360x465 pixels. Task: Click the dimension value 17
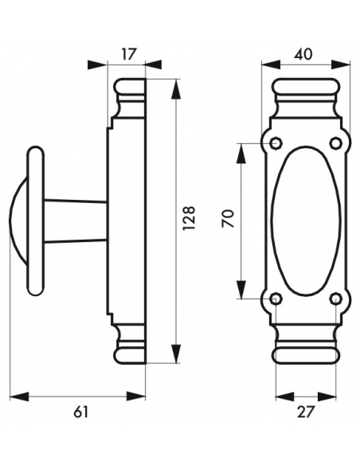tap(127, 54)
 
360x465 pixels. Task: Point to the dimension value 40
tap(303, 54)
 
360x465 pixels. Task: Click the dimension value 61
tap(80, 411)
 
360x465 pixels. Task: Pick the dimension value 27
tap(305, 411)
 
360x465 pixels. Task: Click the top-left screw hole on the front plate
tap(276, 143)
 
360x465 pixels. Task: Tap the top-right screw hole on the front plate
tap(335, 143)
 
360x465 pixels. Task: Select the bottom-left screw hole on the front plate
tap(276, 299)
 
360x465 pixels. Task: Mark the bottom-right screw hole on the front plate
tap(335, 299)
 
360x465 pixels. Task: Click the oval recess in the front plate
tap(305, 221)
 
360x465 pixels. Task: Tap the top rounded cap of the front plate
tap(305, 88)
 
